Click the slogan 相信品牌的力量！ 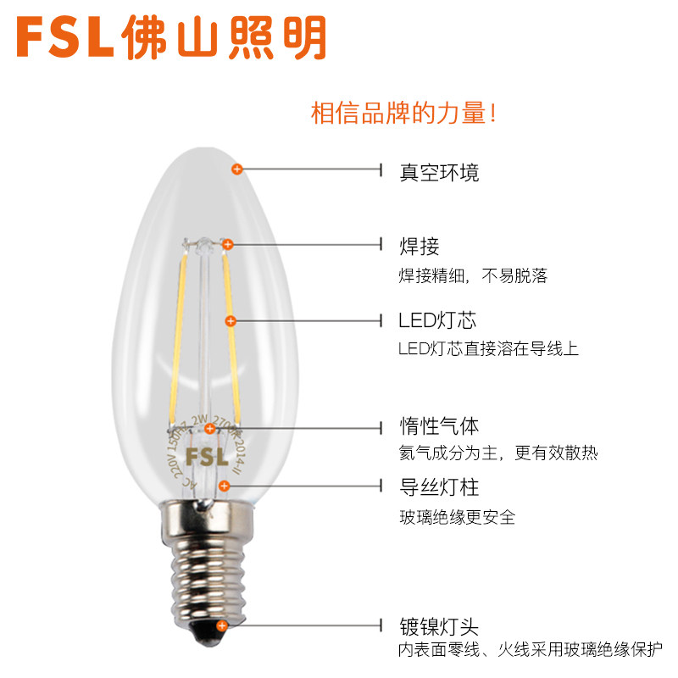[403, 114]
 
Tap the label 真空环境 [439, 172]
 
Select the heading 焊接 [419, 247]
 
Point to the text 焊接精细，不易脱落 [473, 276]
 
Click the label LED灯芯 [437, 320]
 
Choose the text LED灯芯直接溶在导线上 [488, 349]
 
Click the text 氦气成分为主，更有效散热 [497, 453]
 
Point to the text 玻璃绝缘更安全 [457, 516]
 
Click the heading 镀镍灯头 [439, 627]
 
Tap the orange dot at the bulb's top [237, 169]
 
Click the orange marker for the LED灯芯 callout [231, 320]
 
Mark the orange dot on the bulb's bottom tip [222, 626]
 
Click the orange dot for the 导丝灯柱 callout [224, 486]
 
